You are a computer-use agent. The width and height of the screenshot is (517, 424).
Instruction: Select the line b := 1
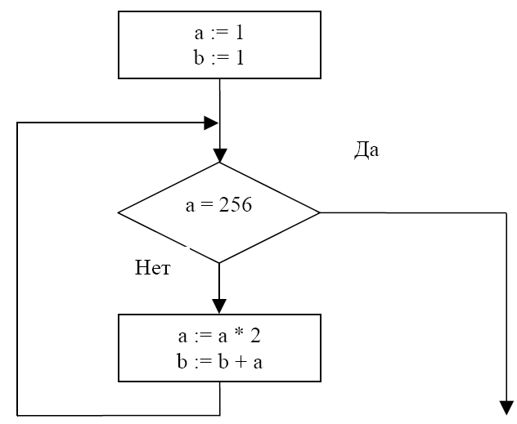(x=218, y=58)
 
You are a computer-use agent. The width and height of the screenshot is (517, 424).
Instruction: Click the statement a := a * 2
(x=218, y=337)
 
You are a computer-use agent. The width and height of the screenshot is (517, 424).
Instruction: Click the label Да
(x=366, y=151)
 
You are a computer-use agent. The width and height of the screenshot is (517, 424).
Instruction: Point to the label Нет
(x=153, y=268)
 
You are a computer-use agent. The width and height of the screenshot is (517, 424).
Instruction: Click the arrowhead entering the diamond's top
(x=219, y=155)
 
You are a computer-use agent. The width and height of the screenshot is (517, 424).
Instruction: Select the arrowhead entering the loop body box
(x=219, y=306)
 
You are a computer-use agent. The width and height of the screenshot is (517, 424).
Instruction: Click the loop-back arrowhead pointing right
(x=212, y=123)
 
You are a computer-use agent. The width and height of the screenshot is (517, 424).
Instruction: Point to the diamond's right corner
(x=320, y=212)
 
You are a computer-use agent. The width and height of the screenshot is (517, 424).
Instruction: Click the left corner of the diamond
(x=119, y=212)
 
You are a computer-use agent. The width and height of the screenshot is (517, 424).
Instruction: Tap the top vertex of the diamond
(x=219, y=163)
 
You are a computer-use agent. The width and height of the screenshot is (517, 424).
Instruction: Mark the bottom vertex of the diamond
(x=219, y=263)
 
